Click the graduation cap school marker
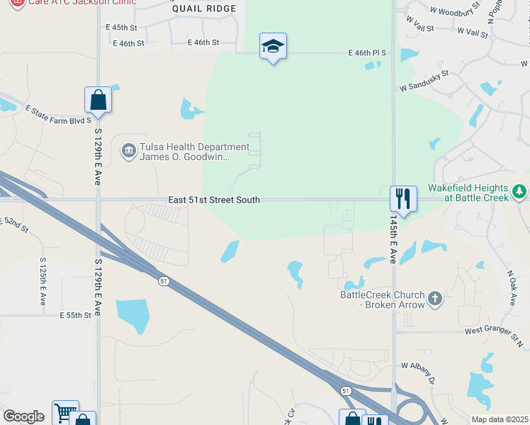273,47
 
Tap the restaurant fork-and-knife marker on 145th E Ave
403,198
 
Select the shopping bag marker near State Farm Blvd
98,101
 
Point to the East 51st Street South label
214,200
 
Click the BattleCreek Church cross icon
435,299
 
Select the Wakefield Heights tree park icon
519,191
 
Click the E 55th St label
76,315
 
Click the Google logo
23,416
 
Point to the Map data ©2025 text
500,419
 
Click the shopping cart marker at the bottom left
64,413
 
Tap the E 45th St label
120,27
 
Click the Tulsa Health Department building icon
128,152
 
